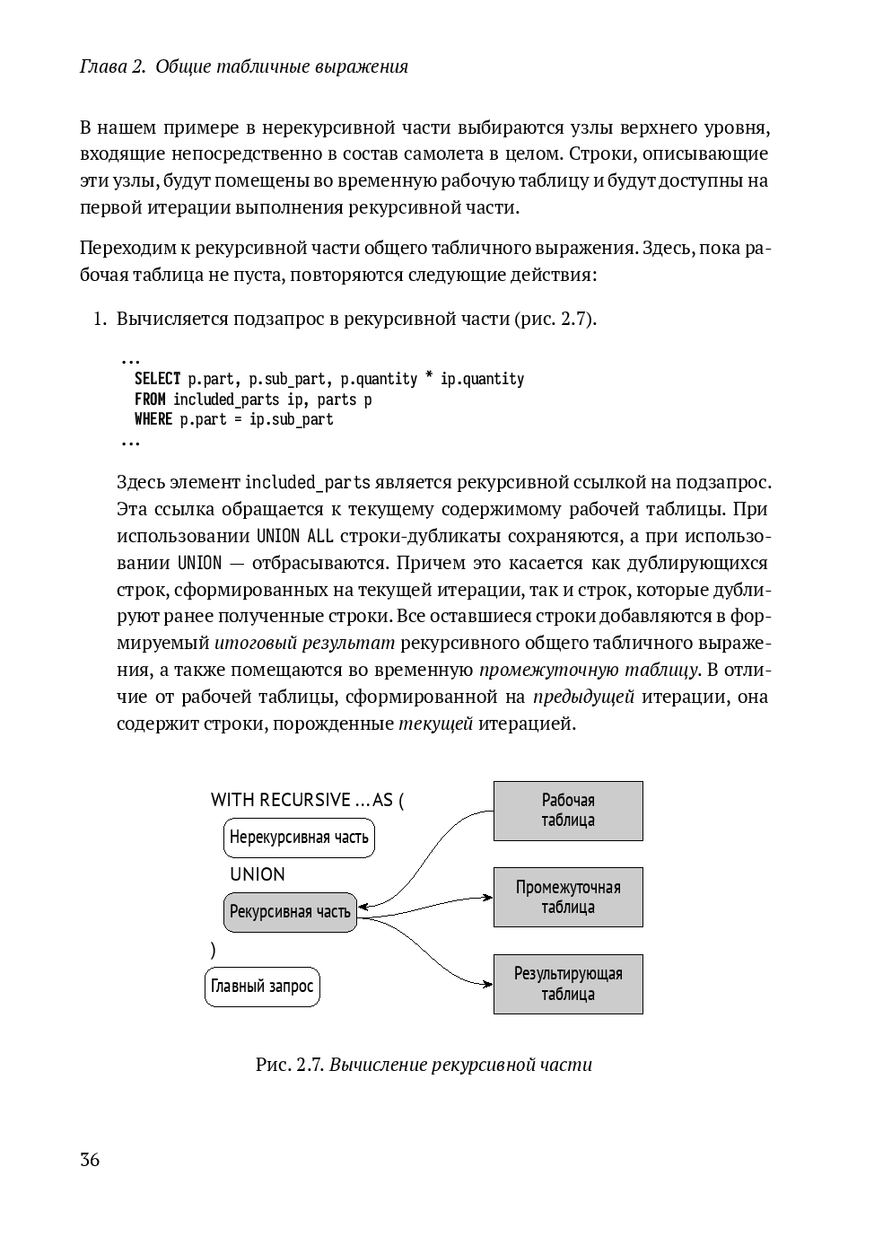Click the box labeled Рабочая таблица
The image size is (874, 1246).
point(568,811)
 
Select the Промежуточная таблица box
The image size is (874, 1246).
point(568,897)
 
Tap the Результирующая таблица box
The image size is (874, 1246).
point(568,984)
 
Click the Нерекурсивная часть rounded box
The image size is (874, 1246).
point(299,838)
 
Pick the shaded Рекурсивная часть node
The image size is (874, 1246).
point(290,912)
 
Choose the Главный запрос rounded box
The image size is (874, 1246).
point(262,987)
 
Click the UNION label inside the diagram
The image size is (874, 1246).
point(258,874)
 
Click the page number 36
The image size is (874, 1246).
point(90,1159)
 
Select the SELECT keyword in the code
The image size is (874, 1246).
point(157,379)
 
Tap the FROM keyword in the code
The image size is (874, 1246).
point(150,399)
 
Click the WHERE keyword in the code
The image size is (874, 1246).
point(153,419)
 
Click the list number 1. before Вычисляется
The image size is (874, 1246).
point(101,319)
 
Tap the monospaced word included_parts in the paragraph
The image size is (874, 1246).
point(307,483)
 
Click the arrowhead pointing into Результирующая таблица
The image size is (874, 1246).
point(489,984)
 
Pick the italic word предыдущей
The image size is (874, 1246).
point(583,697)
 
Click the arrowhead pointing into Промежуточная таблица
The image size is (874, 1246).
point(489,897)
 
